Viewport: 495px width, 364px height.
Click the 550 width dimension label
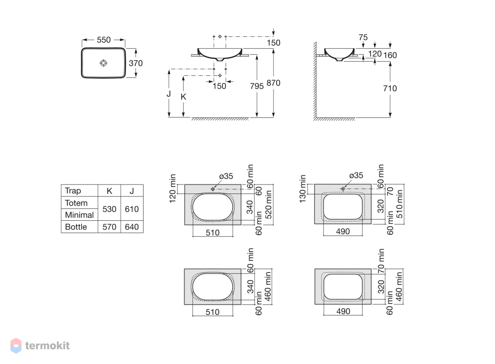[104, 40]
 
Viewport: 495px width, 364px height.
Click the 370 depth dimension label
[136, 63]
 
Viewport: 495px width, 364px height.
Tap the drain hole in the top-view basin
[104, 63]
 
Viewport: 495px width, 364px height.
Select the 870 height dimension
[273, 83]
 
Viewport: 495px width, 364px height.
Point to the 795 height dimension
[257, 86]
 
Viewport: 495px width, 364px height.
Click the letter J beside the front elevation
[169, 94]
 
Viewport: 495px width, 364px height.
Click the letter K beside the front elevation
[183, 97]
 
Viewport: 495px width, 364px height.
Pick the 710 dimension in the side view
[390, 89]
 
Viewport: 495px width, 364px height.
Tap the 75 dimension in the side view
[363, 37]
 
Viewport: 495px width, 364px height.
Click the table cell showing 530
[109, 209]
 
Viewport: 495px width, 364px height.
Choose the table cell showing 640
[132, 227]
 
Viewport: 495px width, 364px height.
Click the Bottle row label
[76, 227]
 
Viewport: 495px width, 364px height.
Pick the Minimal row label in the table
[79, 215]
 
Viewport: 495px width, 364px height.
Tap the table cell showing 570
[109, 227]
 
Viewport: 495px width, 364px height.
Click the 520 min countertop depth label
[268, 205]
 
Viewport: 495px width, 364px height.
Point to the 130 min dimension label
[302, 189]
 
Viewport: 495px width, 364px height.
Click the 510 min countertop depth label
[399, 204]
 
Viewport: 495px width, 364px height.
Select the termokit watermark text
[47, 345]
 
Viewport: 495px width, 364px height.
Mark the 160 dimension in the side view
[390, 55]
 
